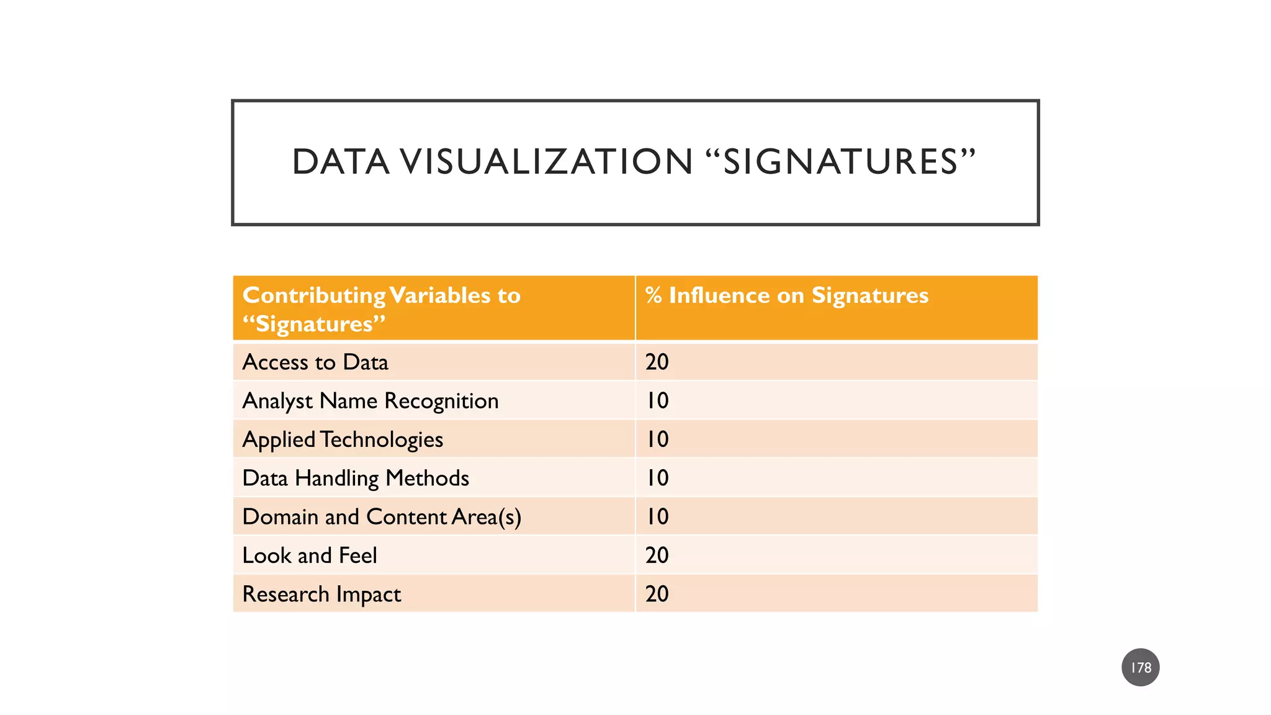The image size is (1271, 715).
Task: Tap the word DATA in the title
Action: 341,162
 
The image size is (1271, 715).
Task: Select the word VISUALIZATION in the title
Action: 546,162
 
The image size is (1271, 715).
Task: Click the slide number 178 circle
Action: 1140,667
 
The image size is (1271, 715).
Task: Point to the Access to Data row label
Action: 315,362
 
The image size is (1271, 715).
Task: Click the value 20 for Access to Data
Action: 657,362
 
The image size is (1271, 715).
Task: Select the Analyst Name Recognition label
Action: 371,401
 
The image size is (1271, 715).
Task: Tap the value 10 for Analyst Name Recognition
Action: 657,401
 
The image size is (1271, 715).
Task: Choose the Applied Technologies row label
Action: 343,439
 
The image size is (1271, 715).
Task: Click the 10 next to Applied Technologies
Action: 657,439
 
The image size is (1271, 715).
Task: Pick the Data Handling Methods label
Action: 356,478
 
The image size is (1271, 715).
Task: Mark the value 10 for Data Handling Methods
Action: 657,478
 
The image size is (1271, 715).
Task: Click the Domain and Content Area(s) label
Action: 382,516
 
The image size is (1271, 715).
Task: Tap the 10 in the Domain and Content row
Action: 657,516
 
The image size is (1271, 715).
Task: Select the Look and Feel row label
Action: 310,555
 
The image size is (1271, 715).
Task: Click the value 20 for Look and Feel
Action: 657,555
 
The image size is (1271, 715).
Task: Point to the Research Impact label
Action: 321,594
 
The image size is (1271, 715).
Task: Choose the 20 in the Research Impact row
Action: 657,594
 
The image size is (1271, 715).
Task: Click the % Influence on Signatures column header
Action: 786,295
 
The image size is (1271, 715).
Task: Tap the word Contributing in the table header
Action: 314,295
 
